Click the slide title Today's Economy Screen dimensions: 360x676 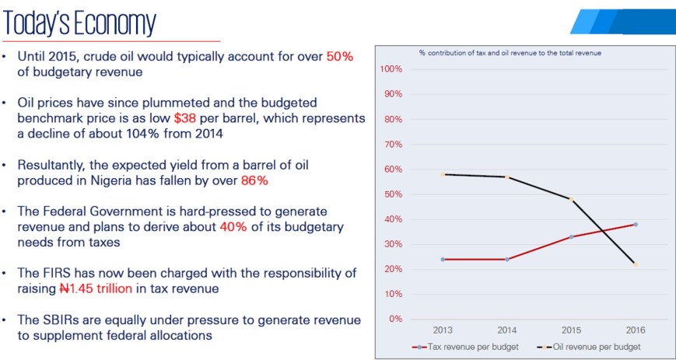[x=80, y=23]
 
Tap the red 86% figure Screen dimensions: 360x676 [x=253, y=180]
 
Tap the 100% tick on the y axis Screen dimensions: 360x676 [x=391, y=69]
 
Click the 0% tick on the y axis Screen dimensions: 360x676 [x=395, y=319]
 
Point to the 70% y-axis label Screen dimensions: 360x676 [x=392, y=144]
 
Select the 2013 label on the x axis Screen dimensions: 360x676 [x=443, y=330]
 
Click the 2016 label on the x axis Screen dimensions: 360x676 [x=636, y=330]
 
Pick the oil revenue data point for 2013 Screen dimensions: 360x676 [x=443, y=174]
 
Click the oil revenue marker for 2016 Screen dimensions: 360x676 [x=636, y=264]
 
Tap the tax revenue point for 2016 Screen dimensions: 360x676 [x=636, y=225]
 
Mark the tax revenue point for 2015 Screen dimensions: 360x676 [x=571, y=236]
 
